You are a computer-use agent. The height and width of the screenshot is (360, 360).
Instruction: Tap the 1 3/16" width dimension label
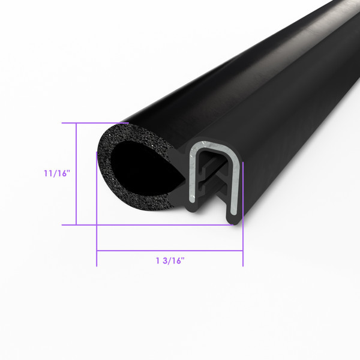(170, 260)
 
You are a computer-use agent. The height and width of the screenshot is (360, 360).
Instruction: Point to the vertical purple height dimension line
(76, 174)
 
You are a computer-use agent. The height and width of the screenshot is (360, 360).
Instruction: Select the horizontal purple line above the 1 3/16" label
(170, 250)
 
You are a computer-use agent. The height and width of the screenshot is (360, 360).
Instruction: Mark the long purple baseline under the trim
(150, 225)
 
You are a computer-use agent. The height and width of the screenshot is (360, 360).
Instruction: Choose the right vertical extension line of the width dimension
(243, 246)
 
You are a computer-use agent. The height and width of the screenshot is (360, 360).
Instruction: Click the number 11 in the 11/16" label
(47, 173)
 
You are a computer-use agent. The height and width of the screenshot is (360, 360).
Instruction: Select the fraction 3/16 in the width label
(175, 260)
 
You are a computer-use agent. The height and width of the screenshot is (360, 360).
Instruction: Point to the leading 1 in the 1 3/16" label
(158, 260)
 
